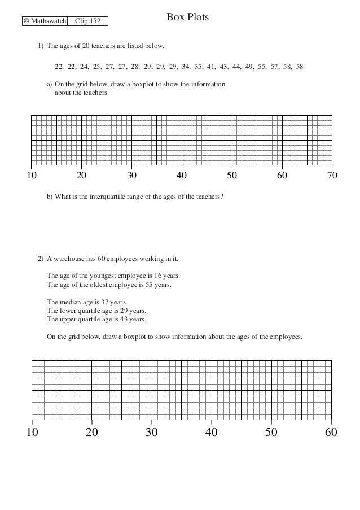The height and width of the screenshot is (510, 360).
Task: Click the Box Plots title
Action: [187, 18]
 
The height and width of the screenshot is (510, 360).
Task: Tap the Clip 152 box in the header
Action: [87, 22]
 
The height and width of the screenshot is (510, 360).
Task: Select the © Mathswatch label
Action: [44, 22]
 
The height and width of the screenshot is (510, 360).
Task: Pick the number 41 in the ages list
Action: [211, 67]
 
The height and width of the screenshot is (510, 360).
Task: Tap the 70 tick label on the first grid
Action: [332, 176]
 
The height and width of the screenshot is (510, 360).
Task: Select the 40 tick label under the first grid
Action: [182, 176]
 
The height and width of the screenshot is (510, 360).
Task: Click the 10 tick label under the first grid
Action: [32, 176]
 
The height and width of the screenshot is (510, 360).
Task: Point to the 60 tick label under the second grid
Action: [331, 433]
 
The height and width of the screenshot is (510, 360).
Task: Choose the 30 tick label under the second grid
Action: [152, 433]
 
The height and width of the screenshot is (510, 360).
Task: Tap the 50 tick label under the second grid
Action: [271, 433]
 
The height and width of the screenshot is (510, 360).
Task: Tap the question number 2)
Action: [41, 260]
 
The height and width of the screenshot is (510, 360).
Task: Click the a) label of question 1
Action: [50, 85]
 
